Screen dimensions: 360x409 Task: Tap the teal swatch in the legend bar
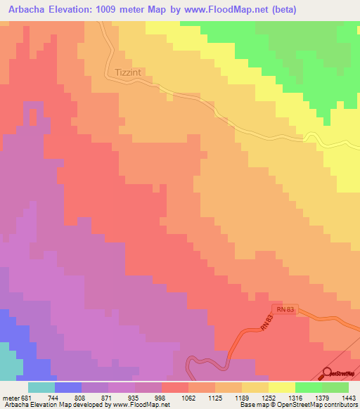tap(41, 387)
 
